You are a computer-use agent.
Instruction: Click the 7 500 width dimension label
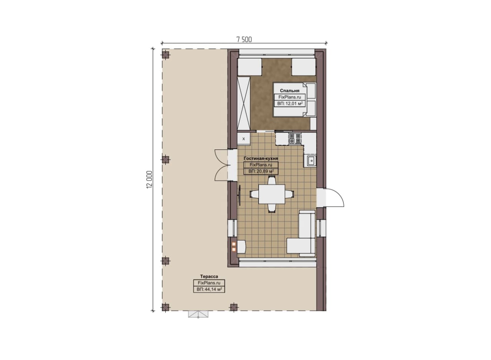pyautogui.click(x=244, y=39)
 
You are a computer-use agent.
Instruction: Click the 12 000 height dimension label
pyautogui.click(x=149, y=179)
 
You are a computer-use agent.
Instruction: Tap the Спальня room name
pyautogui.click(x=290, y=90)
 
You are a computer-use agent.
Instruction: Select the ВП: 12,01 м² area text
pyautogui.click(x=290, y=104)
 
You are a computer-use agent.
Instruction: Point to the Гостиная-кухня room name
pyautogui.click(x=261, y=158)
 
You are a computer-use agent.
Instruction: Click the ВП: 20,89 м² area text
pyautogui.click(x=261, y=171)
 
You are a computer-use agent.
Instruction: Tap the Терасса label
pyautogui.click(x=209, y=276)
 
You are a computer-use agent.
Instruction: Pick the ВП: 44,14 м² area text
pyautogui.click(x=209, y=289)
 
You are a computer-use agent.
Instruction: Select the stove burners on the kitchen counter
pyautogui.click(x=295, y=138)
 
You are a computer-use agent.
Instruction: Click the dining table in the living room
pyautogui.click(x=272, y=194)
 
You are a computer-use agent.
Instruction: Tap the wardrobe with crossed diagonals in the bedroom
pyautogui.click(x=244, y=103)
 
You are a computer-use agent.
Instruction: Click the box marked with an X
pyautogui.click(x=244, y=139)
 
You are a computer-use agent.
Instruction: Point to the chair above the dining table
pyautogui.click(x=272, y=180)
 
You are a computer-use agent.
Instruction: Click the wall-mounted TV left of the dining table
pyautogui.click(x=240, y=195)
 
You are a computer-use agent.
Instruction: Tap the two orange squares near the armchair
pyautogui.click(x=234, y=247)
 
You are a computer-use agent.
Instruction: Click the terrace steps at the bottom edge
pyautogui.click(x=198, y=314)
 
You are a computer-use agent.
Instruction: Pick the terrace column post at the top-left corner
pyautogui.click(x=165, y=54)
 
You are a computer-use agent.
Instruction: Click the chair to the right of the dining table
pyautogui.click(x=290, y=194)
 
